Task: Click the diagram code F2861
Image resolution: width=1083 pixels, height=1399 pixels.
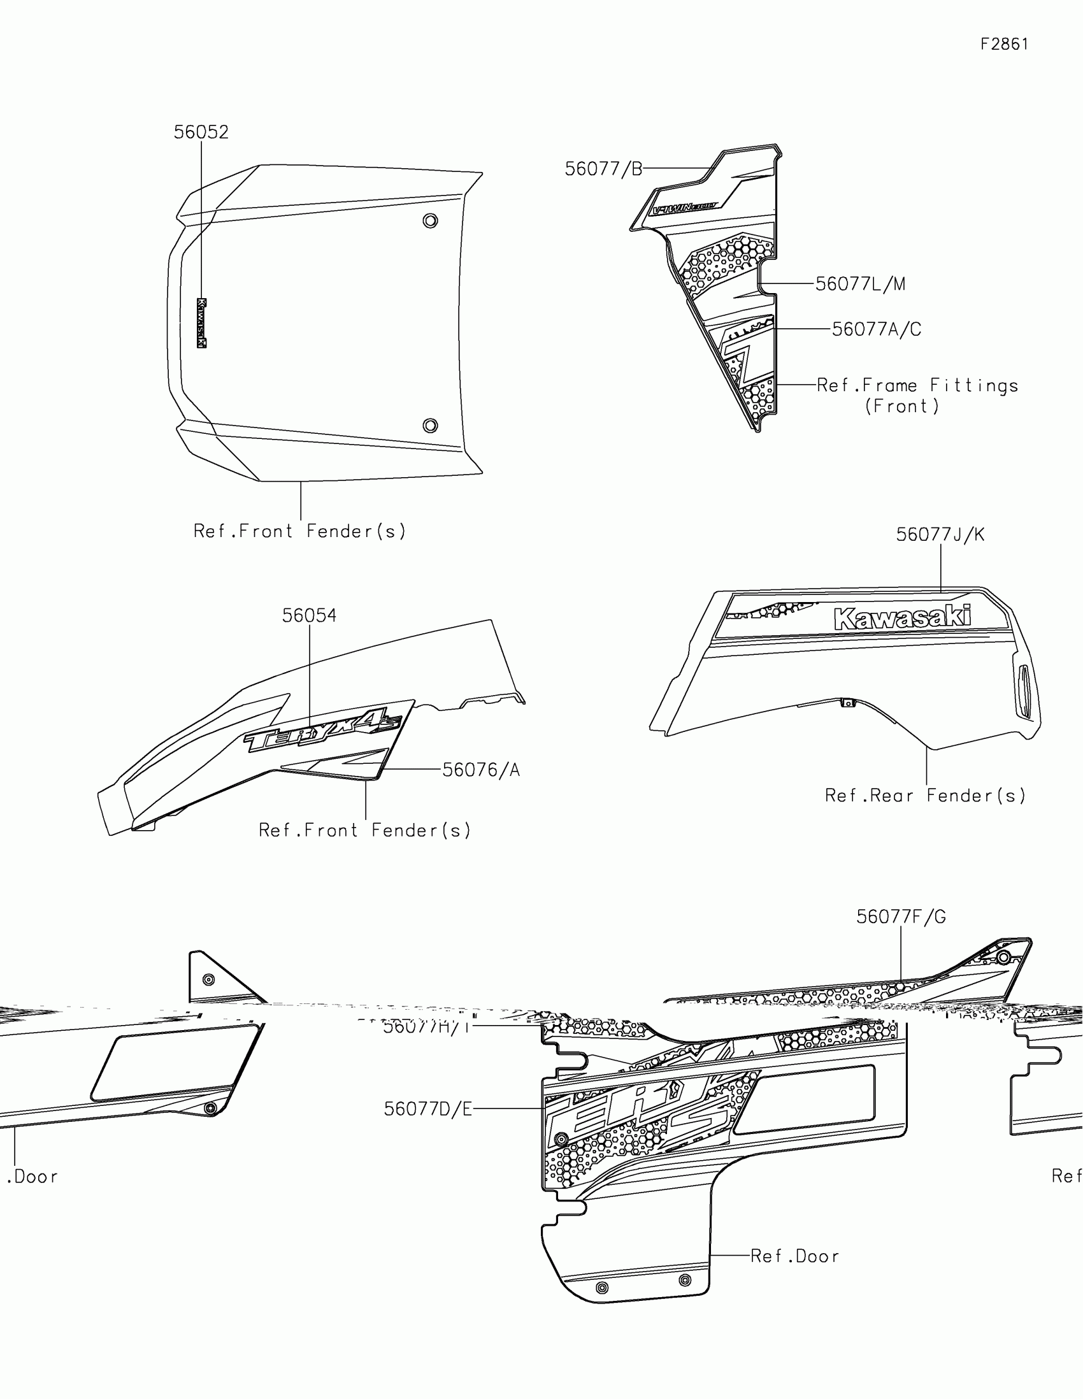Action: tap(1004, 44)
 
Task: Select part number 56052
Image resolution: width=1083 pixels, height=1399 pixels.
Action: tap(201, 132)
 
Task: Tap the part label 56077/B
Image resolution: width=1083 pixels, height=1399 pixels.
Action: tap(603, 169)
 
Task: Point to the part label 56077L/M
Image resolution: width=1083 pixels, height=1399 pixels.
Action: tap(860, 283)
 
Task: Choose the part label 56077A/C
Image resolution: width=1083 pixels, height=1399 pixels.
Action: tap(876, 329)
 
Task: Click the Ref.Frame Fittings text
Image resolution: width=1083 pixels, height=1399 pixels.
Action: tap(917, 385)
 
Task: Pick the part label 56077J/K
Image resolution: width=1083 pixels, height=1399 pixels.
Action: tap(940, 534)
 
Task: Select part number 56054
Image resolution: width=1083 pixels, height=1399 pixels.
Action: tap(310, 615)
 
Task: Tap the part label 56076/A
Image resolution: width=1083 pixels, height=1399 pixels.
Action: tap(481, 770)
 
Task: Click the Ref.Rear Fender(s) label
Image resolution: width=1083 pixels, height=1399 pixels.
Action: tap(925, 796)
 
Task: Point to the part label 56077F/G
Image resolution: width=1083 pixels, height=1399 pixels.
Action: tap(900, 917)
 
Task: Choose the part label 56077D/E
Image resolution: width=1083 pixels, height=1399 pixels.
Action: tap(428, 1109)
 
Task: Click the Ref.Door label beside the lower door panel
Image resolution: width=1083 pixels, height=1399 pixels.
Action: tap(794, 1256)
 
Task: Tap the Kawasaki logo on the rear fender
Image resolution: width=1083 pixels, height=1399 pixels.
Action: tap(901, 617)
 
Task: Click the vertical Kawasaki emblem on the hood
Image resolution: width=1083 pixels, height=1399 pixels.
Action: tap(202, 323)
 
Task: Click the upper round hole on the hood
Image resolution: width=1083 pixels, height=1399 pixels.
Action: tap(431, 221)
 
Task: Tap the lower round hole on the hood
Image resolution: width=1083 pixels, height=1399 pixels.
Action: tap(431, 426)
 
